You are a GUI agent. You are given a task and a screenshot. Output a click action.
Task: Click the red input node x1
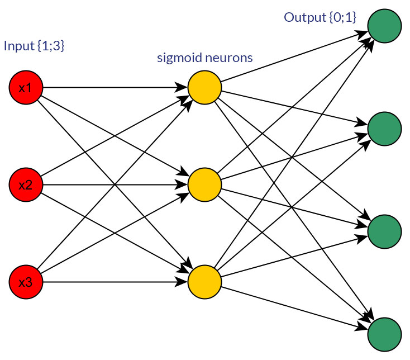[x=26, y=88]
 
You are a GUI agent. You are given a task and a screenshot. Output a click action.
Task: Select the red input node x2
[x=26, y=184]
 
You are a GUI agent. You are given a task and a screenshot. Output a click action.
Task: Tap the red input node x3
[x=26, y=282]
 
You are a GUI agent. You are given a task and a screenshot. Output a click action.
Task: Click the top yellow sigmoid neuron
[x=204, y=88]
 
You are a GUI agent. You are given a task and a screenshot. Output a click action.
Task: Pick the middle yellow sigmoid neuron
[x=204, y=184]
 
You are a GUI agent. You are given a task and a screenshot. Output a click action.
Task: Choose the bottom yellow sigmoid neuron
[x=204, y=282]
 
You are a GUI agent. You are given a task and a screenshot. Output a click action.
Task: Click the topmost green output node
[x=384, y=26]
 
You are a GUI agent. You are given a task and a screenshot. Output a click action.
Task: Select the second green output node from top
[x=384, y=129]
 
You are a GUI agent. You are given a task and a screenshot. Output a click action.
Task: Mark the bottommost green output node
[x=384, y=333]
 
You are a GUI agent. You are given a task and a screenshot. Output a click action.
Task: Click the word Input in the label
[x=19, y=46]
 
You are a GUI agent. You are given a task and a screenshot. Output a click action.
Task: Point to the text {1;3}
[x=51, y=46]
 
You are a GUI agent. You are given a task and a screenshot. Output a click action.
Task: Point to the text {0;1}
[x=342, y=17]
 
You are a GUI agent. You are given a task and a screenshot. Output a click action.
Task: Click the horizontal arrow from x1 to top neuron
[x=112, y=88]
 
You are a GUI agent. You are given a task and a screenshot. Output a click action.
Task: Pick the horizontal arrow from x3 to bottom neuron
[x=112, y=282]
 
